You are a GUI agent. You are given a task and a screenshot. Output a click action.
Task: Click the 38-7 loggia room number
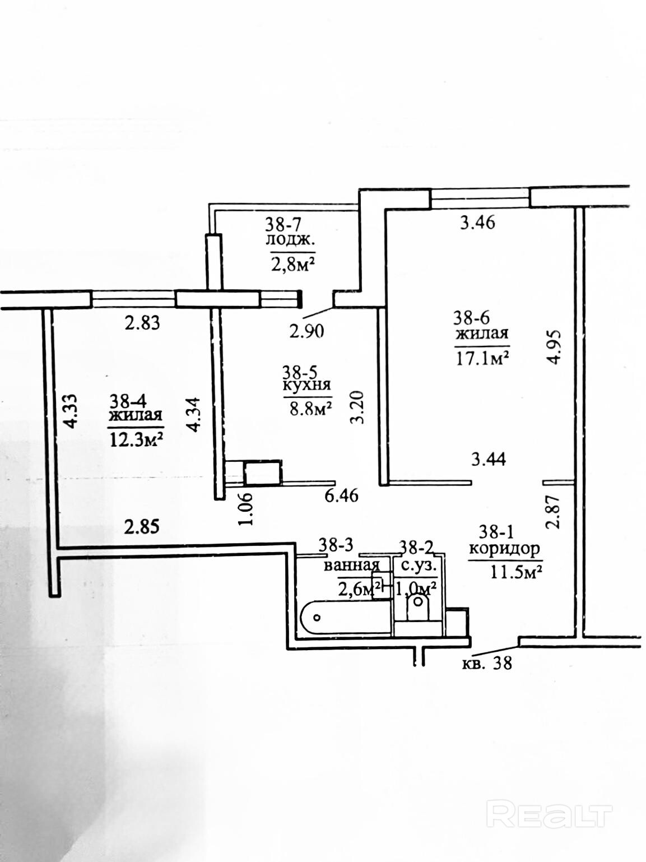[x=284, y=225]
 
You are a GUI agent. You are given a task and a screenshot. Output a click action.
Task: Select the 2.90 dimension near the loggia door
[x=307, y=331]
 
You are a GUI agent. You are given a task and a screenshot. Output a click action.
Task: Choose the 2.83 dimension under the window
[x=142, y=323]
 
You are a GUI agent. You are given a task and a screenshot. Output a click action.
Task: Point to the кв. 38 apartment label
[x=487, y=664]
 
